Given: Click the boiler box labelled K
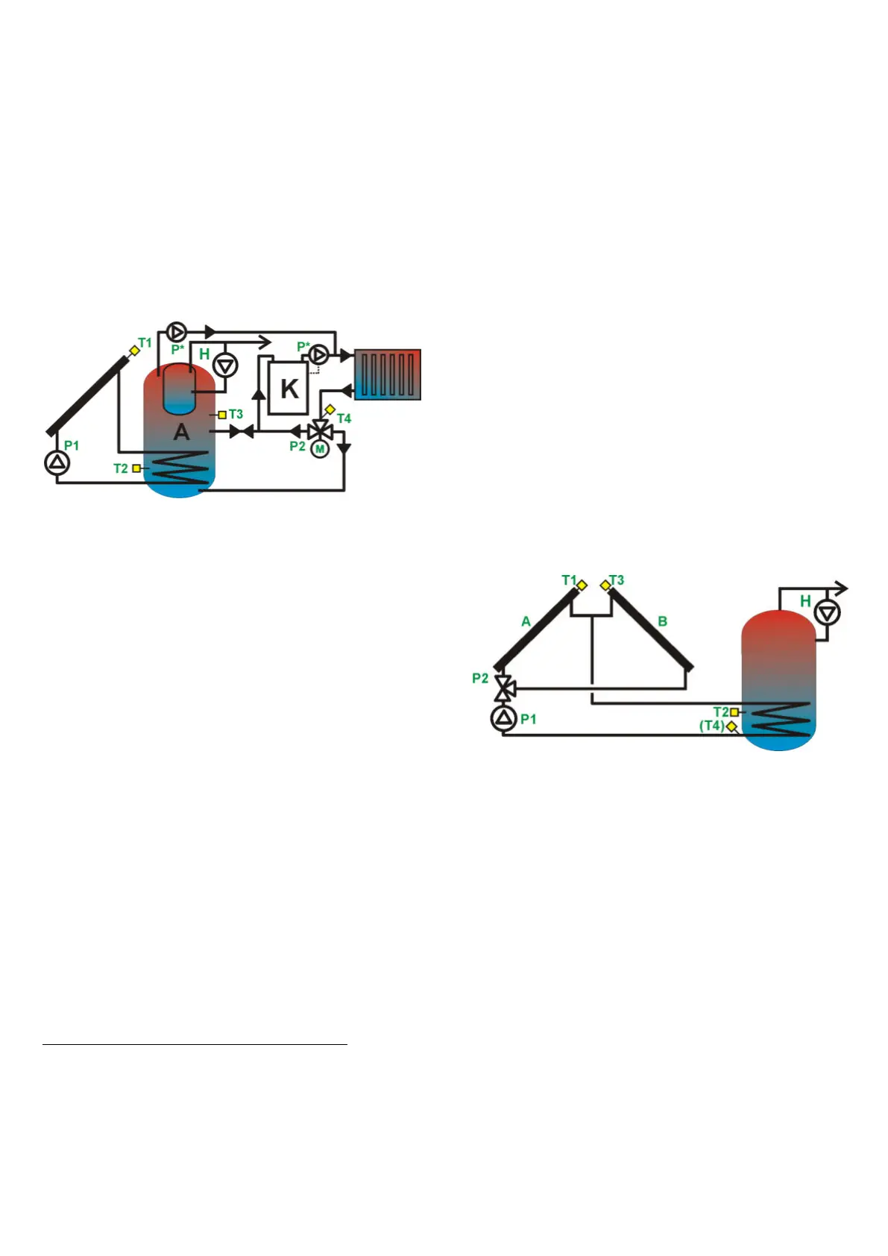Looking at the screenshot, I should coord(288,388).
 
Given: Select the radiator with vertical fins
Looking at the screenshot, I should coord(387,374).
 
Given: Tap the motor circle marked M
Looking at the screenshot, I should coord(320,449).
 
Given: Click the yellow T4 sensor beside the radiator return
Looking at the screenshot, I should coord(330,409).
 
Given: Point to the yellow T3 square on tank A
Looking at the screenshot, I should coord(222,415).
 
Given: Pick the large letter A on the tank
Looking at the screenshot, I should coord(181,432).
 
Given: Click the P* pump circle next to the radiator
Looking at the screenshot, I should coord(318,354).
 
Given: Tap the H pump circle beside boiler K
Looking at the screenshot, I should coord(225,365).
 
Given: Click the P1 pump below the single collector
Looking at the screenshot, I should coord(57,463).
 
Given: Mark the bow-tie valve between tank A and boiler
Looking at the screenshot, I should coord(241,431).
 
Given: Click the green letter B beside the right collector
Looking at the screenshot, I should coord(662,621).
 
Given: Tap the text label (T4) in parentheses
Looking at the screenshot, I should coord(711,726).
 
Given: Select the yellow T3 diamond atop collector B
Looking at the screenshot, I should coord(605,585).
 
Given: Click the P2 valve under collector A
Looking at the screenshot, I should coord(505,688).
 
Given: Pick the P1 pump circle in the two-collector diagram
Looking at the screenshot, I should coord(504,718).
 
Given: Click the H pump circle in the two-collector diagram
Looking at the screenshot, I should coord(827,612).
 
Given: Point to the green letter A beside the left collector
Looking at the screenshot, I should coord(526,621).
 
